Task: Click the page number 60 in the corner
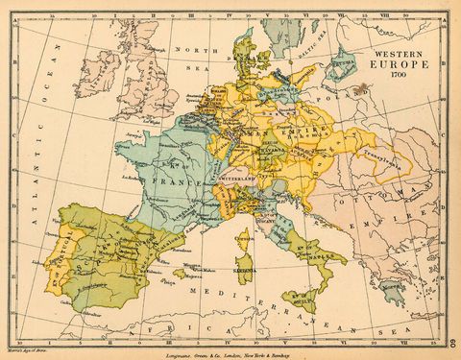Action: point(452,343)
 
